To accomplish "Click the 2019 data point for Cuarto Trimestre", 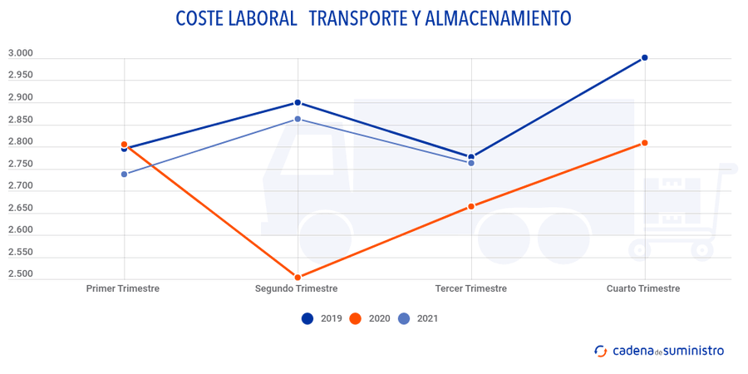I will [x=644, y=58].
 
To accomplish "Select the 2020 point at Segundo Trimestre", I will [x=298, y=278].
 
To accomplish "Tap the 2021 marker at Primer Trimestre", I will [x=124, y=175].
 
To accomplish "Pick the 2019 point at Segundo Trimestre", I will [x=298, y=103].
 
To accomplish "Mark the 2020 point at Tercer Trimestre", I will [x=471, y=206].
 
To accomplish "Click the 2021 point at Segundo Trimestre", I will [x=298, y=120].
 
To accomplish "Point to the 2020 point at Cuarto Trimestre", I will [x=644, y=143].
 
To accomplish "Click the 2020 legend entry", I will [x=369, y=318].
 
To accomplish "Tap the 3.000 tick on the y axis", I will [x=20, y=54].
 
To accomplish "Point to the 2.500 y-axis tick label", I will [x=20, y=274].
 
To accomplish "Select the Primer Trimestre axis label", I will [x=123, y=288].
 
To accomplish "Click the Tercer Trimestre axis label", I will [x=470, y=288].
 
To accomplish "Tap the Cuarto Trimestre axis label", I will [x=643, y=288].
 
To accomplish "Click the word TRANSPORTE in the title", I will [x=357, y=18].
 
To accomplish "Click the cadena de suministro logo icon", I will [x=599, y=351].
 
